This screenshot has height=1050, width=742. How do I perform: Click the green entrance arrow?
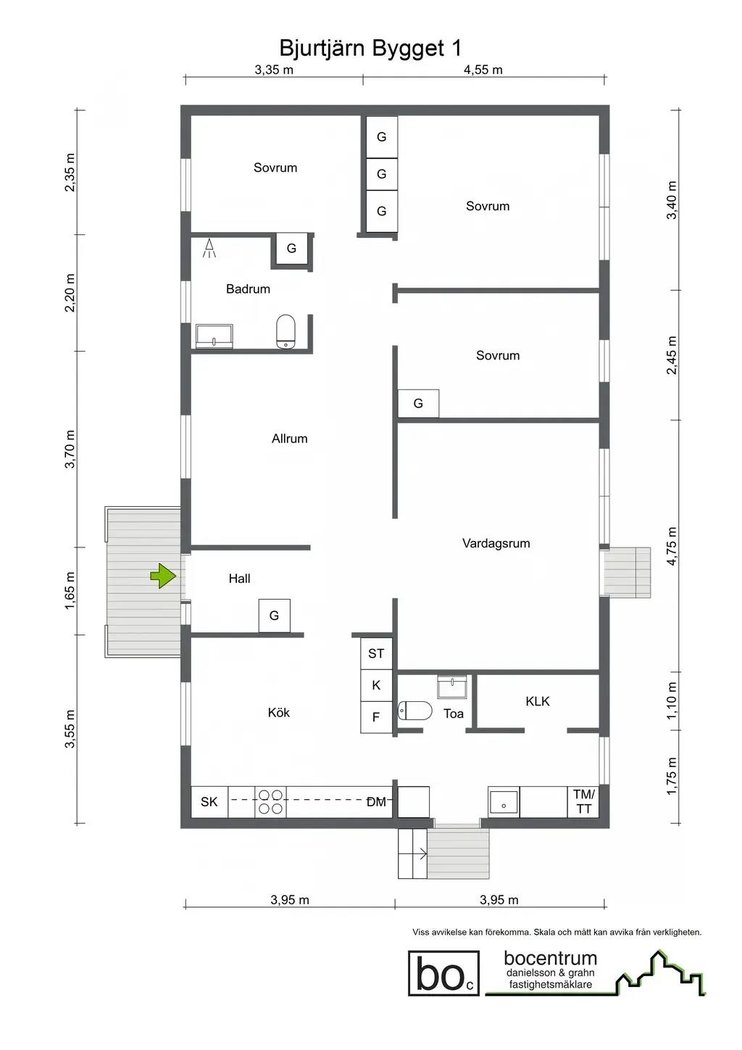pyautogui.click(x=163, y=576)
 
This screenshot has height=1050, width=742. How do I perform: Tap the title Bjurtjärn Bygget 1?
pyautogui.click(x=370, y=48)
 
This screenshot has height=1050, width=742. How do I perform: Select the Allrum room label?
pyautogui.click(x=290, y=439)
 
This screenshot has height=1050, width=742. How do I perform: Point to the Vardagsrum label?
pyautogui.click(x=496, y=544)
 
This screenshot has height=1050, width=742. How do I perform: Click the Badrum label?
pyautogui.click(x=248, y=289)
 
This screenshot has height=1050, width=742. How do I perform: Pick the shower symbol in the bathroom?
pyautogui.click(x=209, y=248)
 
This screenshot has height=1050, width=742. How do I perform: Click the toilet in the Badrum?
pyautogui.click(x=285, y=331)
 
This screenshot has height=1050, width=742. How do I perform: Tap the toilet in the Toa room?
pyautogui.click(x=414, y=711)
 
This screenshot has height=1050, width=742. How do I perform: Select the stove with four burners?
pyautogui.click(x=270, y=801)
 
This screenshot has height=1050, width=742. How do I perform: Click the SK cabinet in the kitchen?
pyautogui.click(x=209, y=801)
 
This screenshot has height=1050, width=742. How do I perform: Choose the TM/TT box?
pyautogui.click(x=583, y=801)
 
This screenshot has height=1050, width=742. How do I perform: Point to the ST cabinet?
pyautogui.click(x=376, y=653)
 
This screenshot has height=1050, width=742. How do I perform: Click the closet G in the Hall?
pyautogui.click(x=275, y=616)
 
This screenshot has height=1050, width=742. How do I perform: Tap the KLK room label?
pyautogui.click(x=537, y=701)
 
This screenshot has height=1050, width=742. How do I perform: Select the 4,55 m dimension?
pyautogui.click(x=483, y=70)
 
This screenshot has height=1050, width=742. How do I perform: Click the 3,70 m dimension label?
pyautogui.click(x=70, y=449)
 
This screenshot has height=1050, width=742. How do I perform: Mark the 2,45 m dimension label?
pyautogui.click(x=672, y=355)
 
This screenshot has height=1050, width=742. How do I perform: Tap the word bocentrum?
pyautogui.click(x=551, y=959)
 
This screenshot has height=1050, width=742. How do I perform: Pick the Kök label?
pyautogui.click(x=279, y=713)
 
